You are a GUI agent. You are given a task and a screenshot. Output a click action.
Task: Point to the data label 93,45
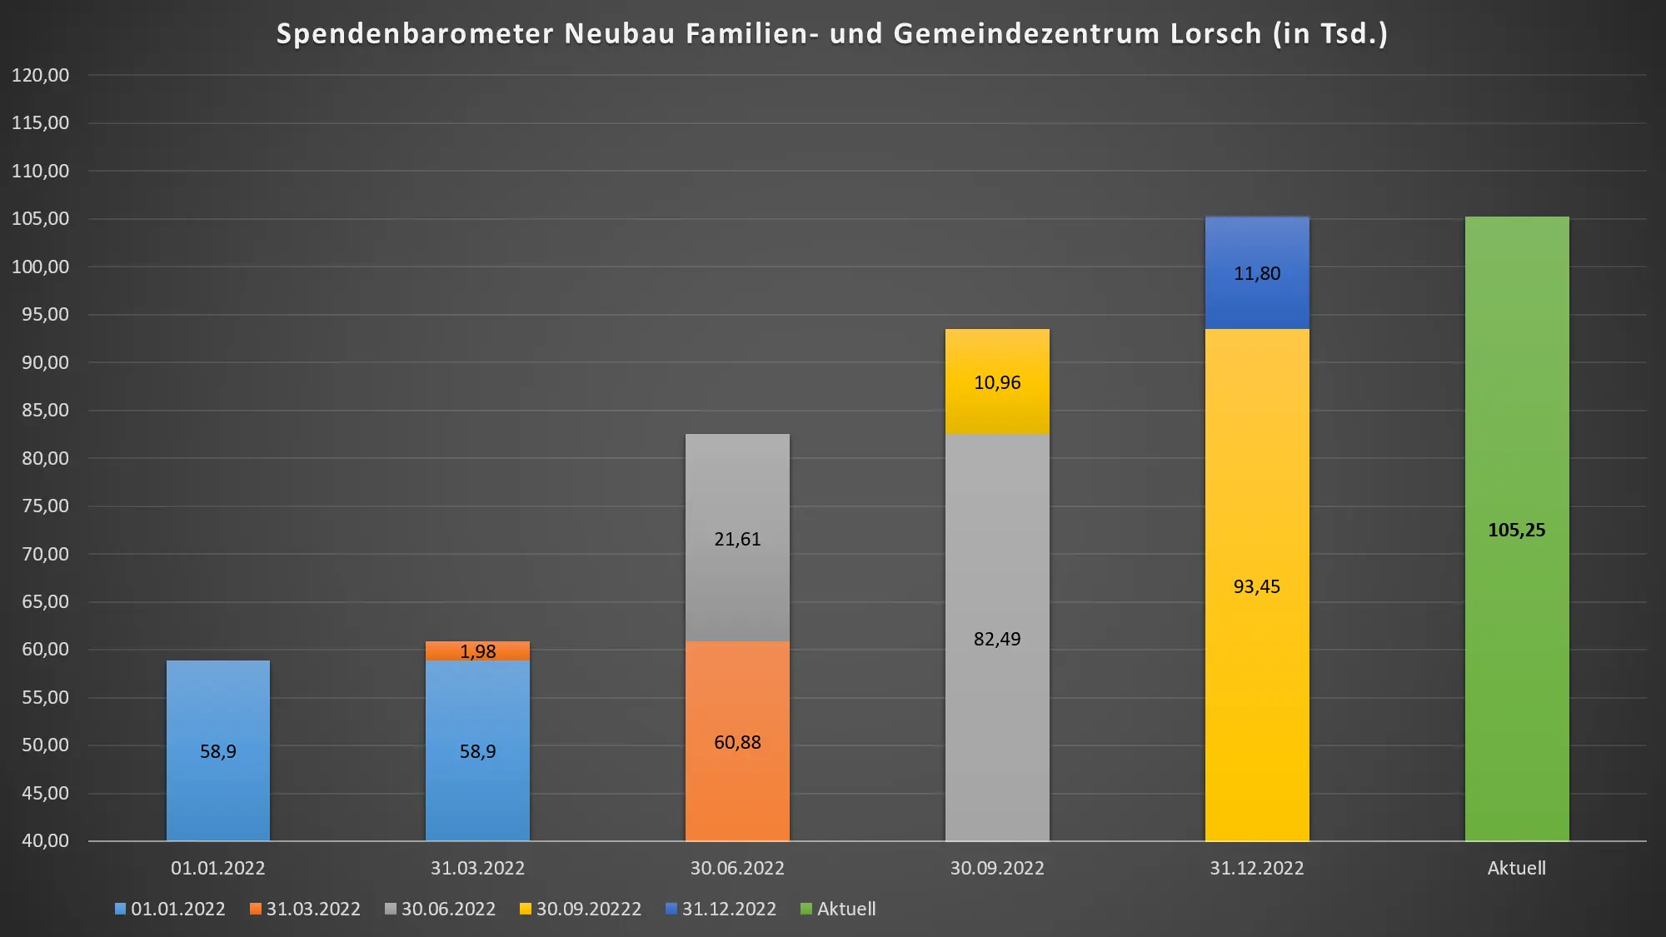(1256, 587)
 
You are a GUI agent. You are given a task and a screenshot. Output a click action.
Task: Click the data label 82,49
(997, 640)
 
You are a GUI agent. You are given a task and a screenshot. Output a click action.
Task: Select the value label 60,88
(737, 743)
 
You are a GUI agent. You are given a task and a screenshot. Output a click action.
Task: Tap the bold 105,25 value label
(1516, 531)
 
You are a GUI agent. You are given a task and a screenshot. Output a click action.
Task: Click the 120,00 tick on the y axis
(40, 76)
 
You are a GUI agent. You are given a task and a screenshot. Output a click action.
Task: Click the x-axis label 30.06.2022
(737, 869)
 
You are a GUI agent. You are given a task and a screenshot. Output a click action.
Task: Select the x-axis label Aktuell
(1516, 869)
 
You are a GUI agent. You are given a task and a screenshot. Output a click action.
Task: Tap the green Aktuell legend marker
(806, 909)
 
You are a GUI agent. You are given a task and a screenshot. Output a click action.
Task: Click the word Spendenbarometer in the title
(415, 34)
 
